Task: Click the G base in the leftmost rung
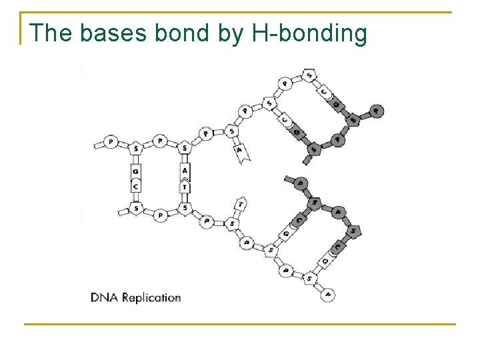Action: point(135,171)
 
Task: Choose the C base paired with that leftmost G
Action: point(135,186)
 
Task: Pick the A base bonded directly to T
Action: point(185,171)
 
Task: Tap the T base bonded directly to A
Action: point(185,187)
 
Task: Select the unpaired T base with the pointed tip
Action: point(241,203)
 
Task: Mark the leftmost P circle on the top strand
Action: point(111,142)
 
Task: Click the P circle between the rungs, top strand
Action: point(160,141)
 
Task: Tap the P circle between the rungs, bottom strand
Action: point(160,215)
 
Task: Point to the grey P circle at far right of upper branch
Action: point(377,111)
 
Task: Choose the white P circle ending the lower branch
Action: point(327,293)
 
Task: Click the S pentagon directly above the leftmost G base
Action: point(135,147)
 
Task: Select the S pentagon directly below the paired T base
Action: point(185,209)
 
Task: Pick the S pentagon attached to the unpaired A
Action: point(231,131)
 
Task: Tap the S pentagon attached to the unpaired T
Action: point(231,224)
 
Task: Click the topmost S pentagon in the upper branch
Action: point(309,74)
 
